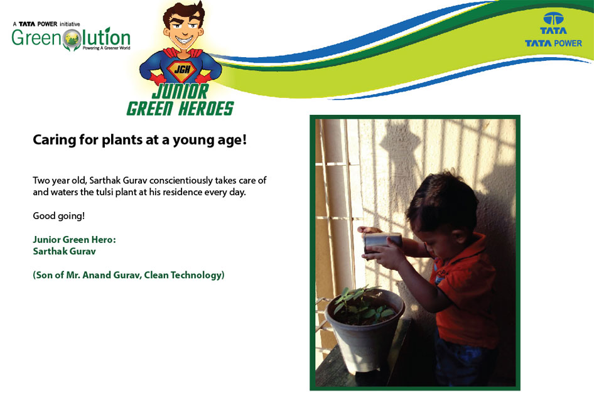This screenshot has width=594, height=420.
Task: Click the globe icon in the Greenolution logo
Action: [x=72, y=40]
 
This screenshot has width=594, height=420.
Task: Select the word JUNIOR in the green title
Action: [x=180, y=92]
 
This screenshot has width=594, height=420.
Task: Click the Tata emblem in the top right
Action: [x=553, y=18]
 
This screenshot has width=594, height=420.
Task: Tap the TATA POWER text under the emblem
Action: [x=553, y=43]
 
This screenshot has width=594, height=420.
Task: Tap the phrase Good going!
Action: [x=59, y=216]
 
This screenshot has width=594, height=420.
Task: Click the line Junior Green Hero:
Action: [x=74, y=240]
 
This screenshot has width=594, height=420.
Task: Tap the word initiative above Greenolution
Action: [x=70, y=24]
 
